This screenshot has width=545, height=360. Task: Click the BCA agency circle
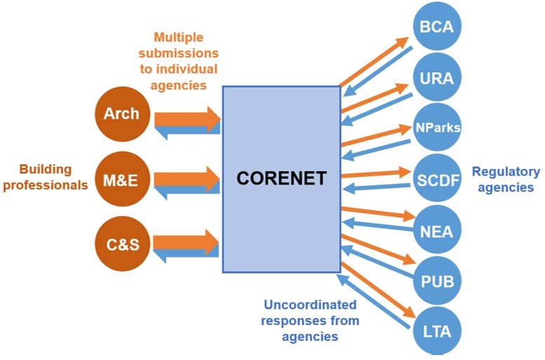[437, 27]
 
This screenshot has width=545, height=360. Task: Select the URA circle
[437, 78]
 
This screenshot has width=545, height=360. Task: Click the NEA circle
[437, 229]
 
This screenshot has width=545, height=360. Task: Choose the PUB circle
[437, 281]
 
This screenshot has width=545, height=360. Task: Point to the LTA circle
[437, 331]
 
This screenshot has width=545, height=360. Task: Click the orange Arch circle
[121, 114]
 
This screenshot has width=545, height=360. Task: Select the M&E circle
[121, 180]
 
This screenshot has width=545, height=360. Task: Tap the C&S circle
[121, 244]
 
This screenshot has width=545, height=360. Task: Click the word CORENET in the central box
[281, 178]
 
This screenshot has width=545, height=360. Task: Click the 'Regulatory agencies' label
[506, 179]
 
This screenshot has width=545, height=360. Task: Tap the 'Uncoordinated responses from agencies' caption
[309, 321]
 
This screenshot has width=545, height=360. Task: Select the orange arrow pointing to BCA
[375, 62]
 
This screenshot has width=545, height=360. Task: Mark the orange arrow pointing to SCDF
[375, 173]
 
